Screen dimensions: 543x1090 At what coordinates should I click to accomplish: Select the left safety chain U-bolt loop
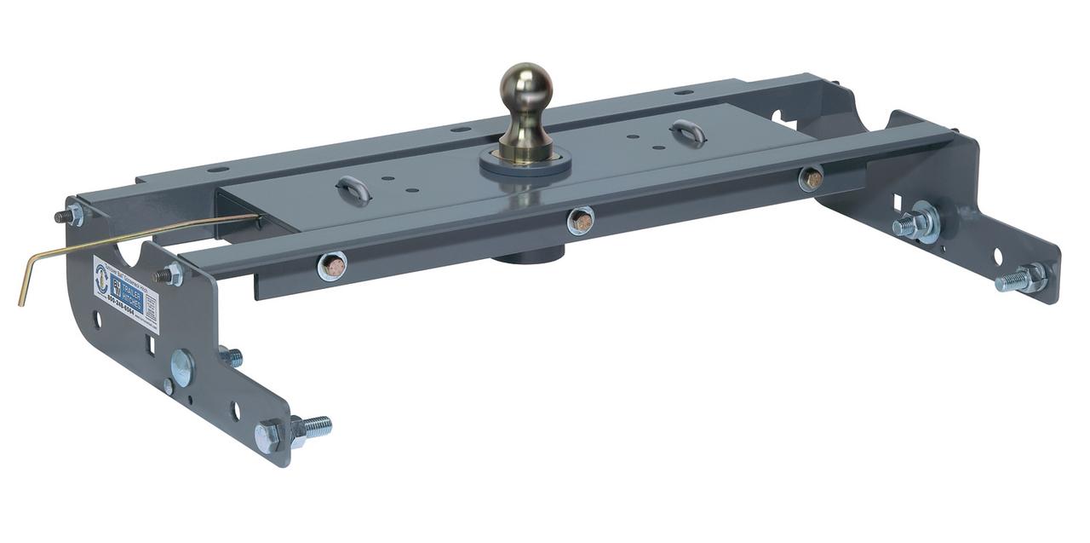353,189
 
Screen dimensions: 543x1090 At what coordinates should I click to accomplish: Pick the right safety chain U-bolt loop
688,132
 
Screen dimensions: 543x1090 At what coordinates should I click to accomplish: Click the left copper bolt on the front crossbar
332,266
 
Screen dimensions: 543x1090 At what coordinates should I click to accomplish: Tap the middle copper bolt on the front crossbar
581,221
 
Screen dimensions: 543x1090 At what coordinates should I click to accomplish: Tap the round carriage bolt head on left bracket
181,367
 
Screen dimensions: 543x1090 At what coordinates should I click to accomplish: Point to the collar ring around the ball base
525,164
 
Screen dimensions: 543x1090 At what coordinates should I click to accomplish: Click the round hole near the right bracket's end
997,256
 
